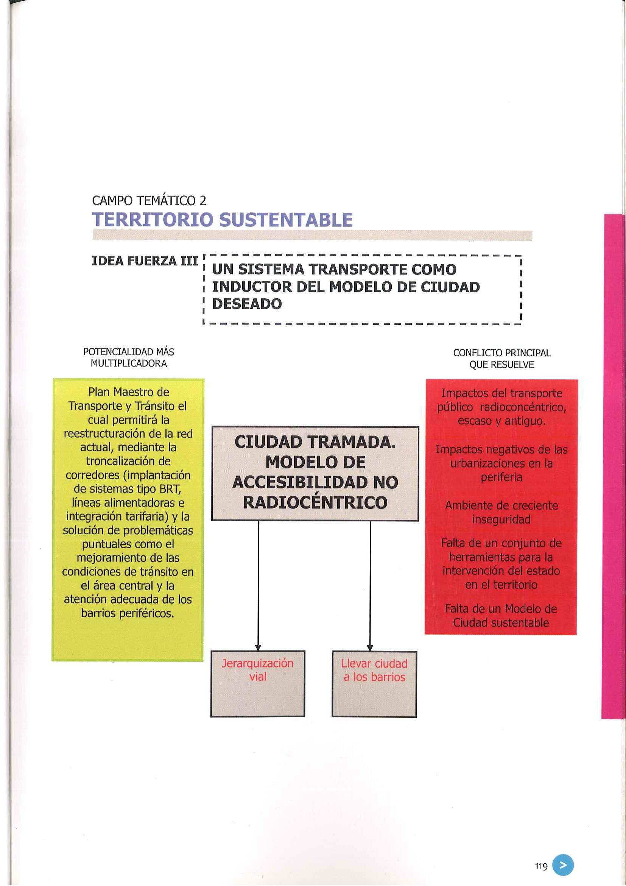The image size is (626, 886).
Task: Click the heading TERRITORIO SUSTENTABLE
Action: tap(223, 220)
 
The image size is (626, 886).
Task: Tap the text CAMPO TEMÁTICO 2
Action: tap(149, 201)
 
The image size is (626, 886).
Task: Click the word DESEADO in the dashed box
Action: tap(247, 304)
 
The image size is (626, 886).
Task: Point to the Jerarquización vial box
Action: tap(258, 684)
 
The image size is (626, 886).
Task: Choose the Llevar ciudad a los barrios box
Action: tap(374, 684)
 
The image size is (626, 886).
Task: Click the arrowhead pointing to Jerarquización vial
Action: tap(258, 647)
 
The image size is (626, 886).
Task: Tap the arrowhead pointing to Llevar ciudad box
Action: tap(370, 647)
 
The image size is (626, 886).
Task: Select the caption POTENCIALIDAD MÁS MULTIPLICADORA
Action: tap(128, 358)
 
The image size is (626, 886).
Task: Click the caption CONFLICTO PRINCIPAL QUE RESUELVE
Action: tap(501, 359)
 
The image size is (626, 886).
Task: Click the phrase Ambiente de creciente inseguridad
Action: tap(501, 512)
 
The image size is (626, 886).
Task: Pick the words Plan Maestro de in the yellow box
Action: tap(129, 392)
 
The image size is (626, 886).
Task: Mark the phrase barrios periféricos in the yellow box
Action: tap(128, 613)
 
